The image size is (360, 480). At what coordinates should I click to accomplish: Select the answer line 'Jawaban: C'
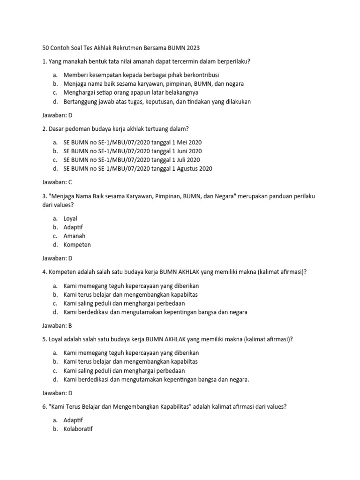[x=57, y=182]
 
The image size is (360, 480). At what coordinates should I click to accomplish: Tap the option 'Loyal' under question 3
[x=70, y=218]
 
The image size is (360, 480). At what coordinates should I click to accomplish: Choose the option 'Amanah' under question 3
[x=75, y=236]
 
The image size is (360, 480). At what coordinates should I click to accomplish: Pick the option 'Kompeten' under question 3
[x=77, y=245]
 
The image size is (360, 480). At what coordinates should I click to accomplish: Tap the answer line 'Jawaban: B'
[x=57, y=325]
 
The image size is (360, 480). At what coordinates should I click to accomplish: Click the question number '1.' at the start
[x=45, y=61]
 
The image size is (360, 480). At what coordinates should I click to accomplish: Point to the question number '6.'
[x=45, y=407]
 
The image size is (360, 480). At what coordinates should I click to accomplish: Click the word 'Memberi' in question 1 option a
[x=75, y=75]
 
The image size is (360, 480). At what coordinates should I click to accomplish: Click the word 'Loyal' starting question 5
[x=55, y=339]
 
